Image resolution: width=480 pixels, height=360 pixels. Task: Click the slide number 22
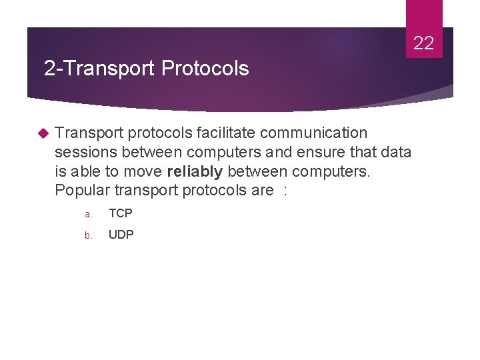[x=423, y=44]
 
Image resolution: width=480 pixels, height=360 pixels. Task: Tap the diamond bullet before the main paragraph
[x=44, y=133]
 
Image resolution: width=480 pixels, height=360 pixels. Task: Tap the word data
[x=397, y=153]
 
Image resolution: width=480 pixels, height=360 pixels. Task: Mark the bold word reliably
[x=195, y=172]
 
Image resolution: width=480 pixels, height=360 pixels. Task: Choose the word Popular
[x=82, y=191]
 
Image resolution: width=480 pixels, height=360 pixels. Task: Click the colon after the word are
[x=285, y=191]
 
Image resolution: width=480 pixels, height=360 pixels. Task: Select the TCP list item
[x=121, y=213]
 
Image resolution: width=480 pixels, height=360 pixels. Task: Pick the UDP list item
[x=121, y=235]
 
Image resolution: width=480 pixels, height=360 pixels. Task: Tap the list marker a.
[x=87, y=215]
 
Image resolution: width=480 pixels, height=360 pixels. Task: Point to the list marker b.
[x=87, y=235]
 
